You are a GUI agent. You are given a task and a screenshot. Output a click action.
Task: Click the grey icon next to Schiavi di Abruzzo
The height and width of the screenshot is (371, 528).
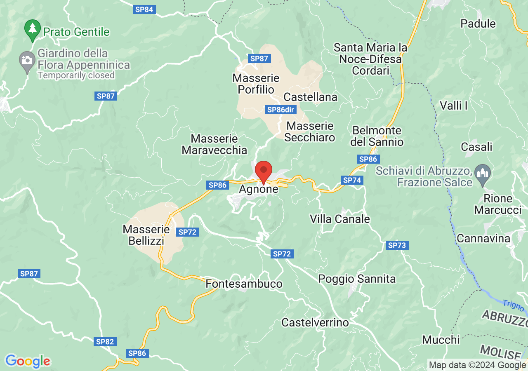coord(482,172)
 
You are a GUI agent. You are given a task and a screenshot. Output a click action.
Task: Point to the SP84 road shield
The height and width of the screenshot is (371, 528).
coord(144,9)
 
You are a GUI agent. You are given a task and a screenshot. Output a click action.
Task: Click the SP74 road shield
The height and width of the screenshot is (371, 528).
coord(352,180)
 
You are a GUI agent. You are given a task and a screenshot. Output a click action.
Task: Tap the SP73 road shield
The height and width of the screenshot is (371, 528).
coord(397,246)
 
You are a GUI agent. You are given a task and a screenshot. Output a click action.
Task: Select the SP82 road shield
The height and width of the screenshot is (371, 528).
coord(105,342)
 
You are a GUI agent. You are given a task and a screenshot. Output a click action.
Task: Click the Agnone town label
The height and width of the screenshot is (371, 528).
coord(259,189)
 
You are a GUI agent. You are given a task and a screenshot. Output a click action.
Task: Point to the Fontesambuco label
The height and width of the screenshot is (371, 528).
coord(244,284)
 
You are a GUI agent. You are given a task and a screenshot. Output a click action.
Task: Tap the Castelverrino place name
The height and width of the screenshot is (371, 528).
coord(315,322)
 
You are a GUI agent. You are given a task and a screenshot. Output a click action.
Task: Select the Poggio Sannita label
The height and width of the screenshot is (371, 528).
coord(357,279)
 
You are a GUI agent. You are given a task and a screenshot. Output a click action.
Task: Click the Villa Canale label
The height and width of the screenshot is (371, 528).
coord(340,219)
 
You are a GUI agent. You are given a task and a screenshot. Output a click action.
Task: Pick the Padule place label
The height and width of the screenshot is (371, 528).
coord(478,23)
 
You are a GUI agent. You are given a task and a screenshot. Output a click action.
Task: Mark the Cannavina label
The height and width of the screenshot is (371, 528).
coord(483,238)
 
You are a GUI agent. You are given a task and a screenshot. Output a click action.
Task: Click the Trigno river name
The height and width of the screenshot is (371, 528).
coord(513,305)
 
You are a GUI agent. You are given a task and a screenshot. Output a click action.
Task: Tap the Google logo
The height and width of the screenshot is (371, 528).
coord(28,362)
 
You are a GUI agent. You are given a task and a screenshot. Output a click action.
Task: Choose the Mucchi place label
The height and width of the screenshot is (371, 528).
coord(441,340)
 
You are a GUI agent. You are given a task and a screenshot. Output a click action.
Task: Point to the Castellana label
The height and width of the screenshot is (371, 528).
coord(311,97)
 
